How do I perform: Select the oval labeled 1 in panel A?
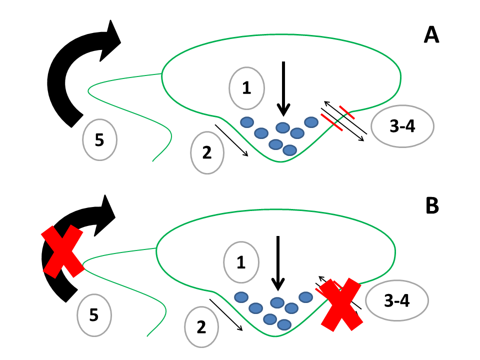246,88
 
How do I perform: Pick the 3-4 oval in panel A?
402,126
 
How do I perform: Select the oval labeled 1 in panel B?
241,262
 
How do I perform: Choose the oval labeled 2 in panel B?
201,327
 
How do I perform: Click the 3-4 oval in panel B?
397,301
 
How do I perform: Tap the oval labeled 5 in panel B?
94,315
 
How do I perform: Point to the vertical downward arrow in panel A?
283,87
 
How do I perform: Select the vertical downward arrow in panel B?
277,262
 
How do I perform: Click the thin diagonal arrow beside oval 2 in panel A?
231,140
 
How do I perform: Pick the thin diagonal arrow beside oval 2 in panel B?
226,315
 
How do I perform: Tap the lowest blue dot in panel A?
289,150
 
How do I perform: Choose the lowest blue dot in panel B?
283,324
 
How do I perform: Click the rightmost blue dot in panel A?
311,122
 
